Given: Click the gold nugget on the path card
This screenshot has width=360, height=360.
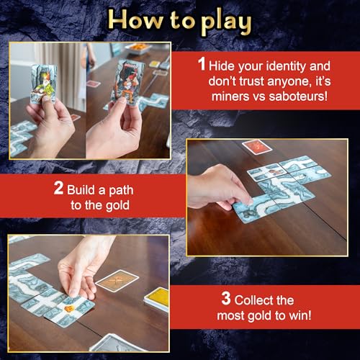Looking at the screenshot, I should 70,310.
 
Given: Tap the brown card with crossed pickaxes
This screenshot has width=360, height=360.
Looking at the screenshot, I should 117,281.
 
